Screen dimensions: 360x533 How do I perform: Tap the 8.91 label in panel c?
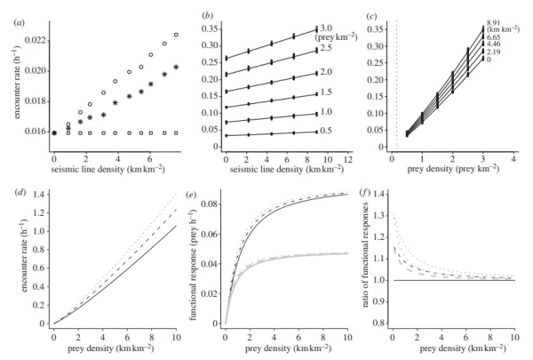pyautogui.click(x=493, y=28)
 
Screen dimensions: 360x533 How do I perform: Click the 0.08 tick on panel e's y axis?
pyautogui.click(x=210, y=204)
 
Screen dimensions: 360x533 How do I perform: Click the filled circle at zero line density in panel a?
pyautogui.click(x=54, y=132)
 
